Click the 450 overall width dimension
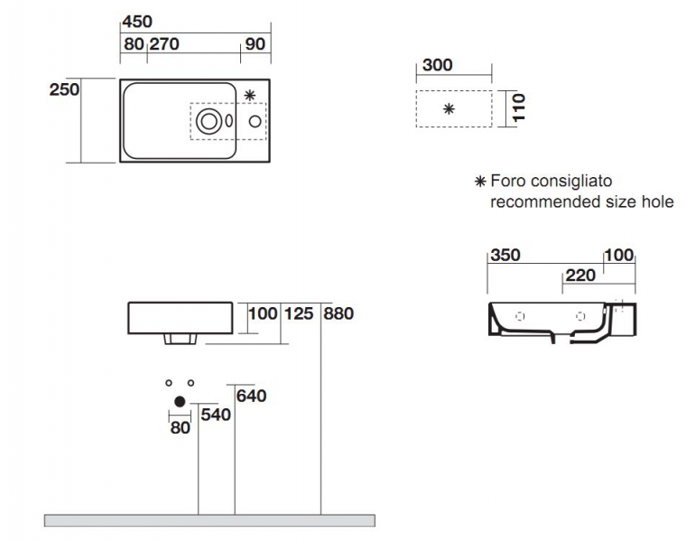137,22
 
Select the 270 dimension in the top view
164,43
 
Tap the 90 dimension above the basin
255,43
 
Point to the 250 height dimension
64,89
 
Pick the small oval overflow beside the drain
228,121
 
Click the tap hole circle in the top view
255,121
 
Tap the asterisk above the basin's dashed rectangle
250,95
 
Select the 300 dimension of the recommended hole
437,65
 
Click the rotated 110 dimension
518,107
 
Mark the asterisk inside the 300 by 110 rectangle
449,108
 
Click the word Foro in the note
507,181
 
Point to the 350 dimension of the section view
505,255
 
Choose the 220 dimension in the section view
580,276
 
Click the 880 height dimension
338,313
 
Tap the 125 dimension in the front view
299,313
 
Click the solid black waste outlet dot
180,401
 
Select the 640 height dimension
251,396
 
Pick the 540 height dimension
216,415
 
